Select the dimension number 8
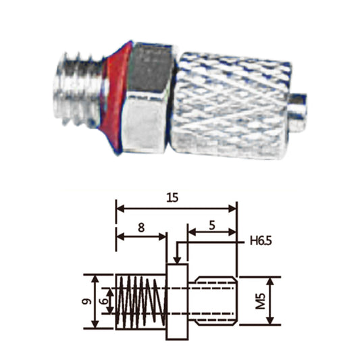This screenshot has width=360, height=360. coord(140,228)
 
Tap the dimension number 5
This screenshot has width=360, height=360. coord(212,227)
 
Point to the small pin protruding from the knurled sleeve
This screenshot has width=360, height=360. coord(301,106)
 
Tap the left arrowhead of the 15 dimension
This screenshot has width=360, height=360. coord(120,207)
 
